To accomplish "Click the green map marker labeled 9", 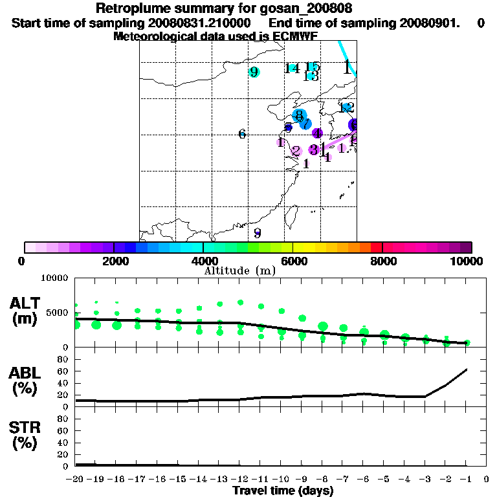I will point(254,72).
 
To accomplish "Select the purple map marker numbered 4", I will point(317,133).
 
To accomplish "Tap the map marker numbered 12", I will point(347,107).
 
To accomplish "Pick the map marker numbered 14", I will point(293,68).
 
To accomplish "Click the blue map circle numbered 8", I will point(298,115).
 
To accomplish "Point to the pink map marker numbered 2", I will point(296,151).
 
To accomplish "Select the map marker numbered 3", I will point(313,149).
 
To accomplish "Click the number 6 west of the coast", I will point(242,134).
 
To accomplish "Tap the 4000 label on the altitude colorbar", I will point(203,261).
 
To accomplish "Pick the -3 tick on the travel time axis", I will point(425,480).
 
